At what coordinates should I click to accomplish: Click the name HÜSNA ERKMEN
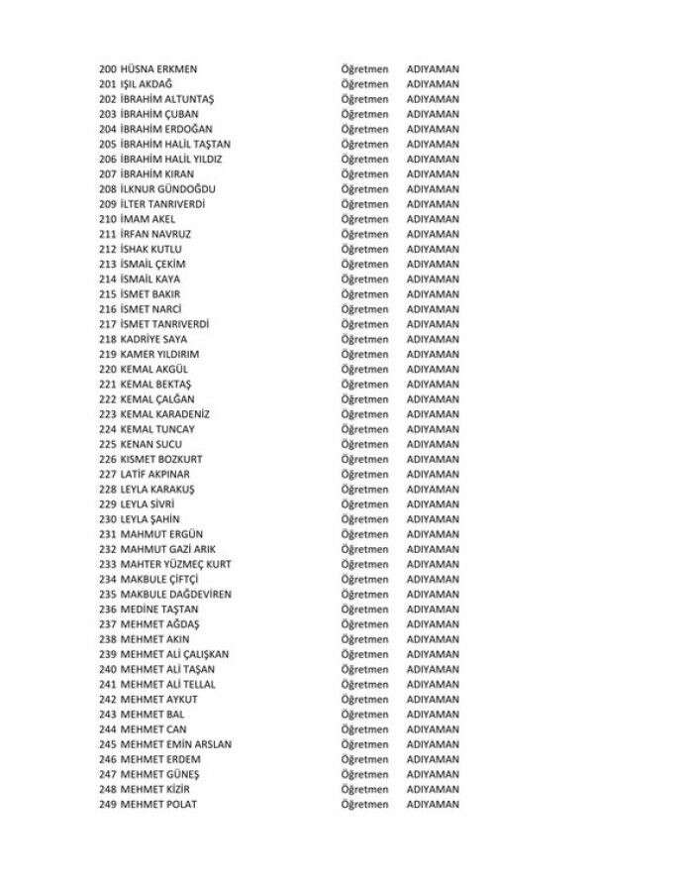(158, 69)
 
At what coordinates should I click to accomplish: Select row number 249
(108, 804)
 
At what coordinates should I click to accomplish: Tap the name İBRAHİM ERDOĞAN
(166, 129)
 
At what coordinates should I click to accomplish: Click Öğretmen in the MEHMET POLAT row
(364, 804)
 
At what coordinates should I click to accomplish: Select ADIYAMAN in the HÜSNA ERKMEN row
(433, 69)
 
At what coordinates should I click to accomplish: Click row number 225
(108, 444)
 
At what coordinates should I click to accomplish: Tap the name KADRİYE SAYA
(153, 339)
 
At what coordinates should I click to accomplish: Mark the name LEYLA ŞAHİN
(153, 518)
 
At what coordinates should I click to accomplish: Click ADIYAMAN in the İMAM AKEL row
(433, 219)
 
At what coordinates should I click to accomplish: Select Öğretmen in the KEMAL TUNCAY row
(364, 429)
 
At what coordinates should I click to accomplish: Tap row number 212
(108, 249)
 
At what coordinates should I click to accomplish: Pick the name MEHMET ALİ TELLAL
(167, 684)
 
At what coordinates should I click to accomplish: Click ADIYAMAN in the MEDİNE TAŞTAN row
(433, 609)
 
